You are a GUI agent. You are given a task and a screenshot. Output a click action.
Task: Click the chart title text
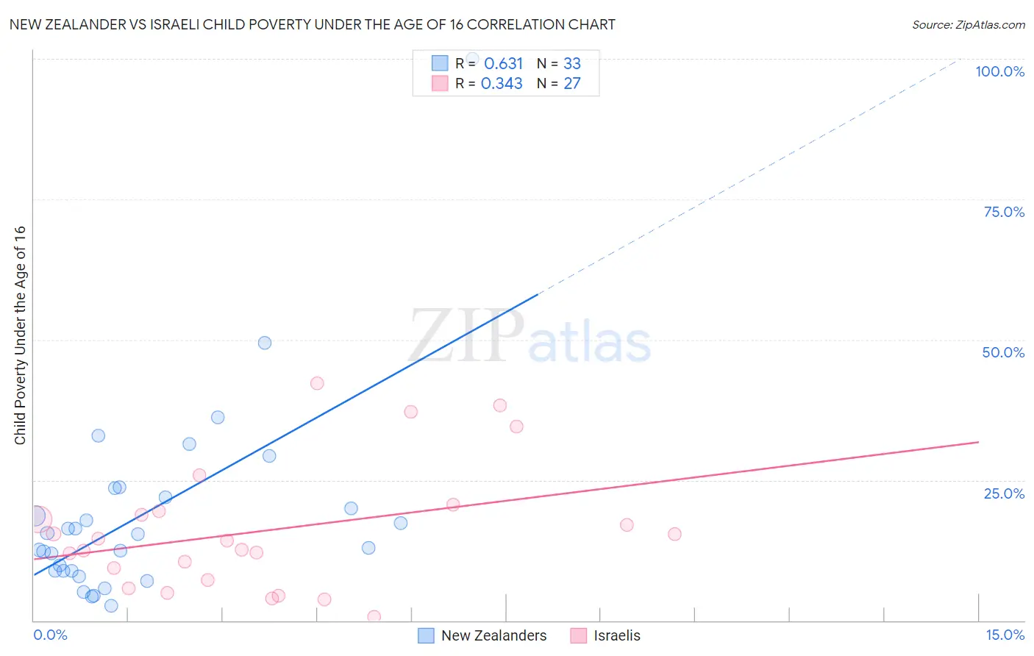[x=312, y=24]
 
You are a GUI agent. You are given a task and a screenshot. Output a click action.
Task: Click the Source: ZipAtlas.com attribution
[x=968, y=24]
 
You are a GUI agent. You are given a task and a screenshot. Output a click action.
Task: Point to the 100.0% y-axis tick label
[x=999, y=71]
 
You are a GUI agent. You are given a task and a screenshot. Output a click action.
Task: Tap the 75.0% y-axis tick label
[x=1003, y=212]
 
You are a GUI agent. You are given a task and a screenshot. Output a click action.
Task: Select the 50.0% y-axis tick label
[x=1003, y=352]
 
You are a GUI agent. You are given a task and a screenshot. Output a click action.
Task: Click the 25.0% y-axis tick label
[x=1003, y=493]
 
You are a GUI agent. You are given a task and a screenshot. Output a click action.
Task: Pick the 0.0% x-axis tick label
[x=50, y=635]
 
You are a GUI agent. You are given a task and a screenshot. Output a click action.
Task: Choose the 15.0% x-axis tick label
[x=1005, y=635]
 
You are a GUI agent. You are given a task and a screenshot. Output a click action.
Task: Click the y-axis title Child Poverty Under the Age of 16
[x=20, y=335]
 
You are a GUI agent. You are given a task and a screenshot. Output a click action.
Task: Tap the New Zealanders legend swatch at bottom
[x=426, y=635]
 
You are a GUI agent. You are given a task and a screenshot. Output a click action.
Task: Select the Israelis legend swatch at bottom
[x=579, y=635]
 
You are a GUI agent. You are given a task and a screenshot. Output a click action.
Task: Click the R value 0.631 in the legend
[x=503, y=64]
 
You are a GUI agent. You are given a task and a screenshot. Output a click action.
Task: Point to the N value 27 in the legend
[x=571, y=84]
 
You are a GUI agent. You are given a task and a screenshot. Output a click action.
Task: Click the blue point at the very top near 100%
[x=472, y=58]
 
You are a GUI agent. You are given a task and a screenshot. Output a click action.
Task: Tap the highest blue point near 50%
[x=265, y=343]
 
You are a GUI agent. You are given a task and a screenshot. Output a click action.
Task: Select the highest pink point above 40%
[x=317, y=383]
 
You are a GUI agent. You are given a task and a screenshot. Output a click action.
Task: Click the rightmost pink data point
[x=674, y=534]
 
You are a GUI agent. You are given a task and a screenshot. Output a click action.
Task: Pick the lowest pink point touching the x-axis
[x=374, y=617]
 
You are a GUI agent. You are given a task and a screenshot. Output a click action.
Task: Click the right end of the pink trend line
[x=978, y=442]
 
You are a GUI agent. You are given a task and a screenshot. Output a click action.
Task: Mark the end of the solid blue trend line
[x=539, y=293]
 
